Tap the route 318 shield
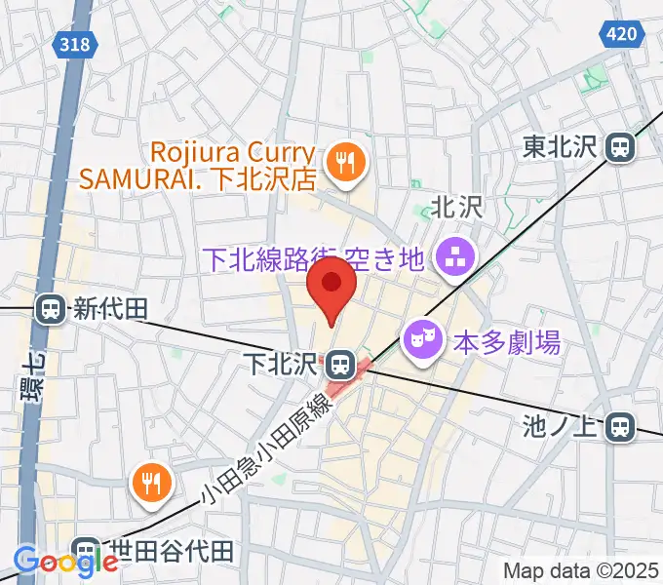point(77,44)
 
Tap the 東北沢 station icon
point(619,147)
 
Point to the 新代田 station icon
point(49,310)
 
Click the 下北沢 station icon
point(339,365)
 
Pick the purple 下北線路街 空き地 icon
point(451,259)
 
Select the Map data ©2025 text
point(581,569)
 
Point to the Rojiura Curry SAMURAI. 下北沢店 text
point(234,167)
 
